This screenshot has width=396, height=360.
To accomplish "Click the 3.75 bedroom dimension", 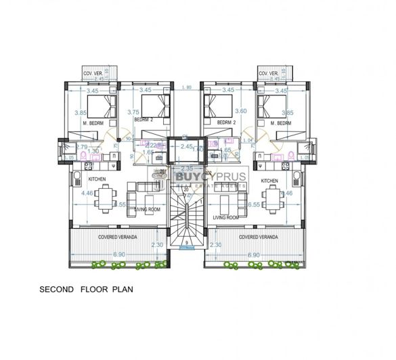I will tap(133, 113).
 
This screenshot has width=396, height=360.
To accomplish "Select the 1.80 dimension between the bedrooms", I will tap(187, 87).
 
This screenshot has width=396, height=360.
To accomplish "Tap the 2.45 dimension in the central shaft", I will tap(187, 145).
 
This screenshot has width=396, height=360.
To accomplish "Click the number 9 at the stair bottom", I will tap(187, 242).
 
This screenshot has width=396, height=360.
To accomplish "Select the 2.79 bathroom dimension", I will tap(82, 146).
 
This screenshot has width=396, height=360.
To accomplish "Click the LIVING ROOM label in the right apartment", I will tap(225, 218).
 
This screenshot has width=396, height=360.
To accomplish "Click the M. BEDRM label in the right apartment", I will tap(279, 123).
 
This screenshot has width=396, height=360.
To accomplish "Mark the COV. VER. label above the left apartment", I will tap(91, 73).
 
